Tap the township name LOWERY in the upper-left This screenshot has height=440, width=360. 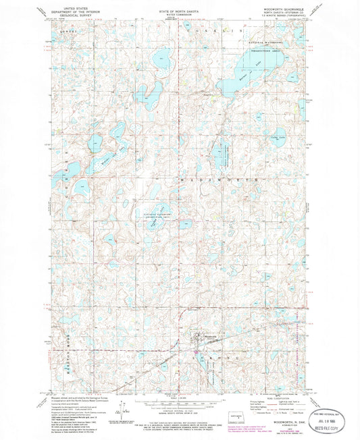[x=65, y=32]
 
